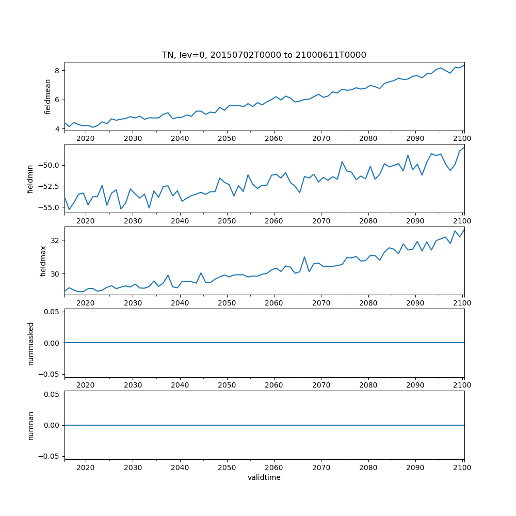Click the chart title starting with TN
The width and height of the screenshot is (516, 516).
(x=264, y=55)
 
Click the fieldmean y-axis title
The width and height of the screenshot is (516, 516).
(x=48, y=96)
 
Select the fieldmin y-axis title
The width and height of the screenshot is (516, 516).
(x=30, y=179)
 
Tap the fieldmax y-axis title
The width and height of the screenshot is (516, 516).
(x=43, y=261)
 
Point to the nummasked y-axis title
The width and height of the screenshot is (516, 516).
(x=30, y=343)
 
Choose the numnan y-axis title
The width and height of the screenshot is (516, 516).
(x=30, y=425)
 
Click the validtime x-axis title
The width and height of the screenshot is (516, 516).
(x=264, y=477)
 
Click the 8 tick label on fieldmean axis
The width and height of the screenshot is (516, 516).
(x=58, y=70)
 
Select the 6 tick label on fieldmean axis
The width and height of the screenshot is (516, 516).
(x=58, y=100)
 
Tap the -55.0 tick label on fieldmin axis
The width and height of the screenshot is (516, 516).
(x=50, y=207)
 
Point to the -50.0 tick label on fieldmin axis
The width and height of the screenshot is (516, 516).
(x=50, y=165)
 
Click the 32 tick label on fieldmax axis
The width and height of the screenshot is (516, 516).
(x=56, y=240)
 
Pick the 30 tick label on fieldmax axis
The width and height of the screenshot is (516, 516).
(x=56, y=273)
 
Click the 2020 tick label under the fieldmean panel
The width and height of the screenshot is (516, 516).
(x=86, y=138)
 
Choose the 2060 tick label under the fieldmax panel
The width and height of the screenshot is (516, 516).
(x=273, y=303)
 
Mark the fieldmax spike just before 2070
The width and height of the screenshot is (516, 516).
(x=304, y=257)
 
